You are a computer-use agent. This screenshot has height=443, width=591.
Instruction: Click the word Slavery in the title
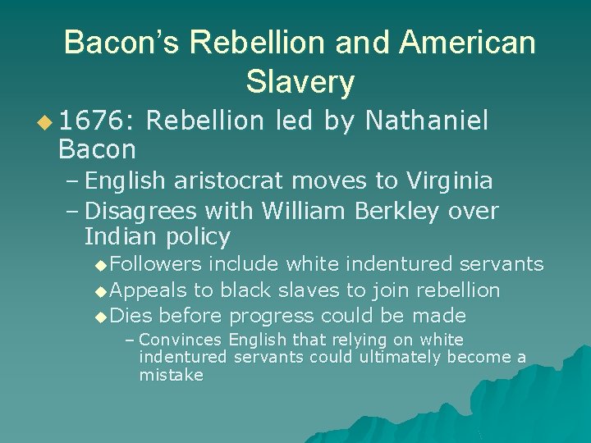(300, 81)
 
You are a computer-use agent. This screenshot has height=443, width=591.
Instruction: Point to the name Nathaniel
(427, 122)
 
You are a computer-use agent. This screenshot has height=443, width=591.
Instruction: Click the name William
(305, 211)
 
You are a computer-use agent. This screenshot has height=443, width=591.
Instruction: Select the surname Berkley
(398, 211)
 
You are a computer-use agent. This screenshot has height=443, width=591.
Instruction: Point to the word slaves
(312, 290)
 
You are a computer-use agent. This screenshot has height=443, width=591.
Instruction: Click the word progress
(273, 316)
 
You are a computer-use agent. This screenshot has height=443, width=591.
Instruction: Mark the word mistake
(171, 375)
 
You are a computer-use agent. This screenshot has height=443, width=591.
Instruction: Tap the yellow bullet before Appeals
(100, 291)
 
